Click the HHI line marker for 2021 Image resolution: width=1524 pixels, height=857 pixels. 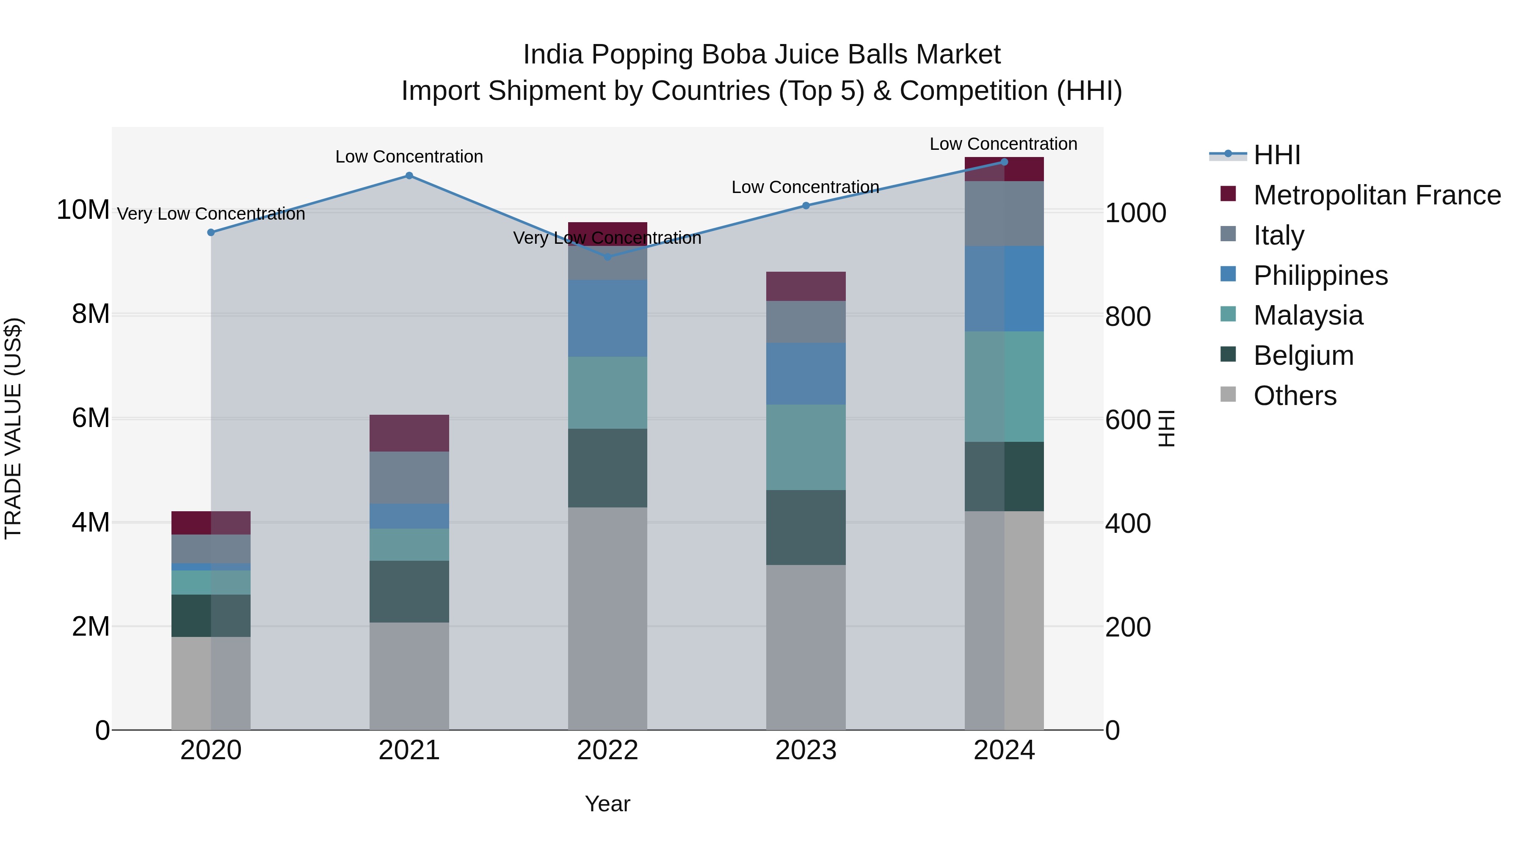[x=409, y=176]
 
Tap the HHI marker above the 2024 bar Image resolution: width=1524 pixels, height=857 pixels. [x=1004, y=162]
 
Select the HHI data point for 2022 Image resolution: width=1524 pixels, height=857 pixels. [x=607, y=257]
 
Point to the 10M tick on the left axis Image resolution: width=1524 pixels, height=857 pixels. [x=83, y=210]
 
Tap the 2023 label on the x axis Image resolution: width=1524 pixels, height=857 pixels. [x=806, y=750]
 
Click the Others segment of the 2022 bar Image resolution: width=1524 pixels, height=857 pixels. [x=607, y=618]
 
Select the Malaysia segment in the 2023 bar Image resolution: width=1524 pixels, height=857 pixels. [x=806, y=447]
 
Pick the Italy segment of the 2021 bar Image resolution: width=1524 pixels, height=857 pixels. [x=409, y=477]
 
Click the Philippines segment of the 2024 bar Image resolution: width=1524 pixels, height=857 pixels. [x=1004, y=289]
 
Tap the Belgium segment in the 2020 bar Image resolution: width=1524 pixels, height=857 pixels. [x=211, y=616]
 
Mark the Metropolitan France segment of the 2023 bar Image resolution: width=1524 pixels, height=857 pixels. [x=806, y=286]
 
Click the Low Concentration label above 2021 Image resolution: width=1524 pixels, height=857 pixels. [x=409, y=157]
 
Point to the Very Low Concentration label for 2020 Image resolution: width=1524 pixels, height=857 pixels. [x=211, y=214]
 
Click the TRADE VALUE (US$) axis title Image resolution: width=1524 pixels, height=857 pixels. [x=13, y=428]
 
